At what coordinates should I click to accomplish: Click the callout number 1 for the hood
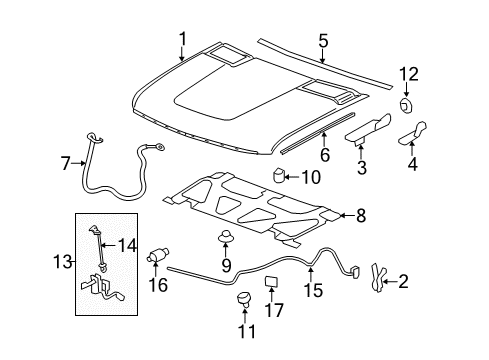[x=182, y=39]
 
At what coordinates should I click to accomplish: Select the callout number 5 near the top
[x=323, y=42]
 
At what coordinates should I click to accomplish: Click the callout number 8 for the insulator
[x=361, y=214]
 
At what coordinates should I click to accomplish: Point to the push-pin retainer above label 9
[x=226, y=239]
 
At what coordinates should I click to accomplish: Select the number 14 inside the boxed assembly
[x=126, y=244]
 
